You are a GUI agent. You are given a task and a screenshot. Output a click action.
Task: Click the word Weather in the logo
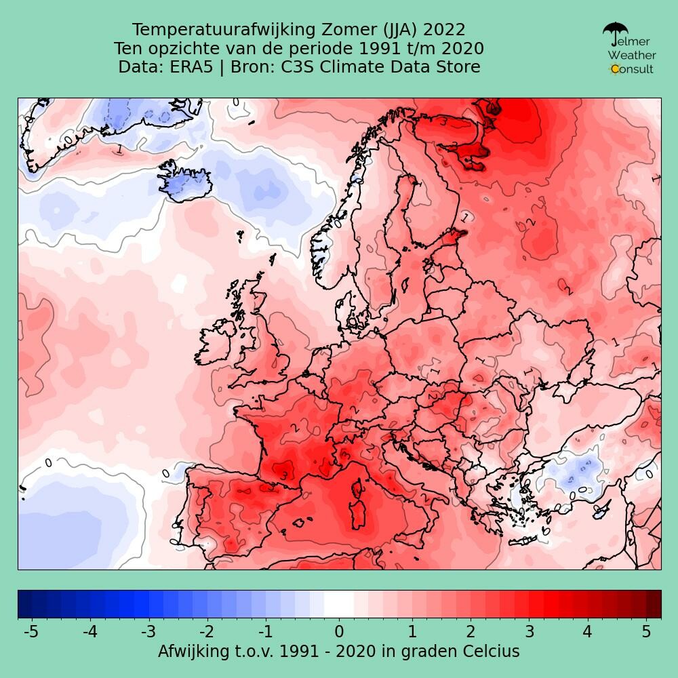[x=631, y=55]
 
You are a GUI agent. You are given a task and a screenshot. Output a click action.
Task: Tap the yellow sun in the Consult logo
[x=615, y=68]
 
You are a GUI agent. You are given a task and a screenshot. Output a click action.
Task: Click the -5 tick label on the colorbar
[x=31, y=632]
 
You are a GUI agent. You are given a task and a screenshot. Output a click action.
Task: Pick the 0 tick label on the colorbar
[x=339, y=632]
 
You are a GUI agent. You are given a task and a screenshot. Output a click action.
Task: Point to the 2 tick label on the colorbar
[x=470, y=632]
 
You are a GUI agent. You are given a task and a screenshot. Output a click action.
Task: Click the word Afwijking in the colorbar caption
[x=195, y=652]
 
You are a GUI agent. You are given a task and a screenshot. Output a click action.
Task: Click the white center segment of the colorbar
[x=339, y=603]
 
